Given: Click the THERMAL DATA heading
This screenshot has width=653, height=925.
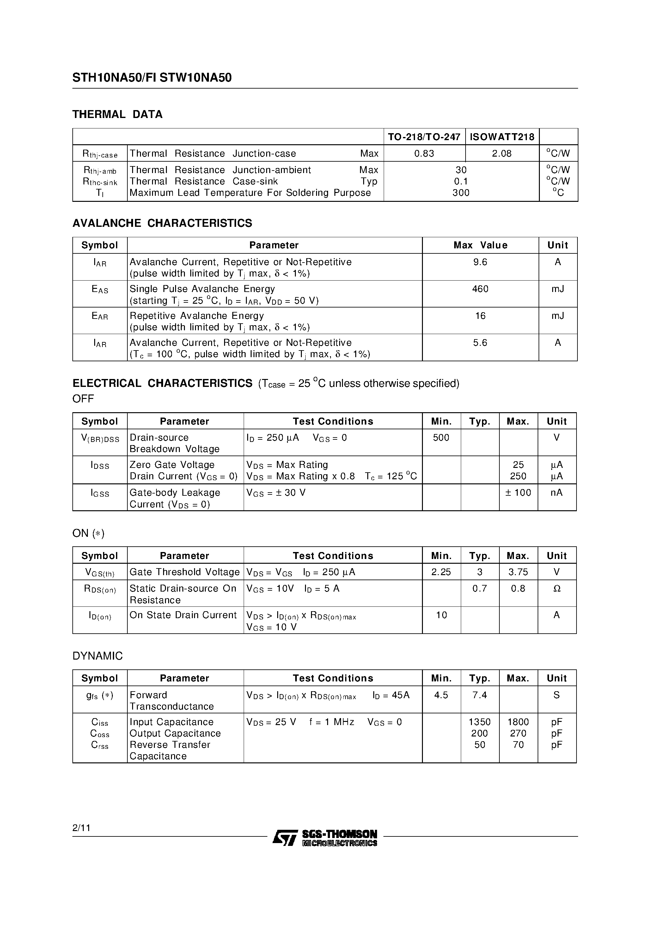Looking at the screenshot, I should point(117,115).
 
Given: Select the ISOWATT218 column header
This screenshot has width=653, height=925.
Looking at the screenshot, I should point(502,137).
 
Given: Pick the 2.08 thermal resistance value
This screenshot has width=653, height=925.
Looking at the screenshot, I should point(502,153).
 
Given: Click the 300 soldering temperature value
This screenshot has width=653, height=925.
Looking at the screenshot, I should point(461,193).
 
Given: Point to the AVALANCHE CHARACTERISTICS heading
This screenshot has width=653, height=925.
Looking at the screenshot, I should point(162,223).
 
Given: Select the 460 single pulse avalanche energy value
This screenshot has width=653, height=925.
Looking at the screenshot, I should point(480,289).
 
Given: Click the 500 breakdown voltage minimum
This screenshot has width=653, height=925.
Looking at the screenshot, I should point(441,438).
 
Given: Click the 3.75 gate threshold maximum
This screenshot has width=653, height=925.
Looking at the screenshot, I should point(518,572).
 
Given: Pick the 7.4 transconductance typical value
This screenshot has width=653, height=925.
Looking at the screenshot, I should point(479,695).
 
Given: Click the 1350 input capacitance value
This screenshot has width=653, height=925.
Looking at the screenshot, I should point(479,722).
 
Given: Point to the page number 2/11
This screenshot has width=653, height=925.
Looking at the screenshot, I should point(81,828).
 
